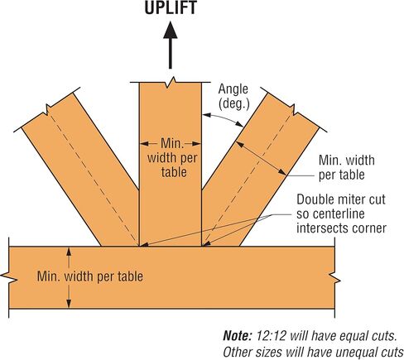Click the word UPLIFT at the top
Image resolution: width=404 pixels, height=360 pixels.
click(171, 7)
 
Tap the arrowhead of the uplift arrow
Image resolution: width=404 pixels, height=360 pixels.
click(171, 30)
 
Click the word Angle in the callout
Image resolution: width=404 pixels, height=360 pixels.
click(233, 89)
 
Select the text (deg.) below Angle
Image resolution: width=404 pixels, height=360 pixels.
click(234, 104)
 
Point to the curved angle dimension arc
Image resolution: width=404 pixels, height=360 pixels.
click(223, 118)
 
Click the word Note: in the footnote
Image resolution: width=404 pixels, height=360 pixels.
click(238, 336)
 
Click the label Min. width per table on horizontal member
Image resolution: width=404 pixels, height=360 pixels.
click(90, 276)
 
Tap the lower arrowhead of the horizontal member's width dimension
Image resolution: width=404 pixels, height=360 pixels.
click(69, 304)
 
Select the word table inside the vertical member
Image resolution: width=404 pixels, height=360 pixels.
click(174, 172)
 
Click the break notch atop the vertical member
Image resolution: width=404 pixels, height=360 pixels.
click(171, 82)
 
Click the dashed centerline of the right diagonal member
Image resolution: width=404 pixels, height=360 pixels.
click(247, 180)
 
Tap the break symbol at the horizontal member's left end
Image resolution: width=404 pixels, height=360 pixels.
click(9, 277)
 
